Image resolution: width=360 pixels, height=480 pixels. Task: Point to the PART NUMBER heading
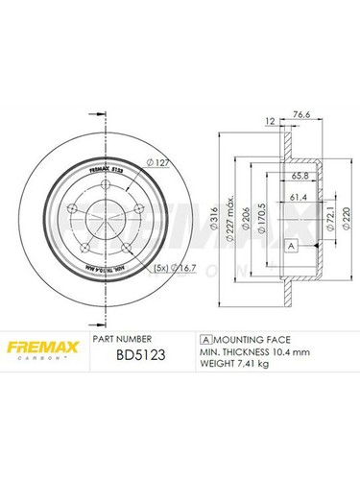pyautogui.click(x=121, y=339)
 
